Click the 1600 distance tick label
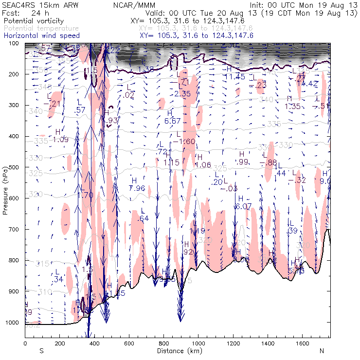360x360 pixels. (x=302, y=344)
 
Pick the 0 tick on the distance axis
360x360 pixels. (x=25, y=344)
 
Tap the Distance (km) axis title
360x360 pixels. (x=177, y=350)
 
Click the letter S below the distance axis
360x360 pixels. (x=41, y=350)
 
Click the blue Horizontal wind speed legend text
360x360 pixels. (x=35, y=36)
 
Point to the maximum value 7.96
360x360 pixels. (x=138, y=188)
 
